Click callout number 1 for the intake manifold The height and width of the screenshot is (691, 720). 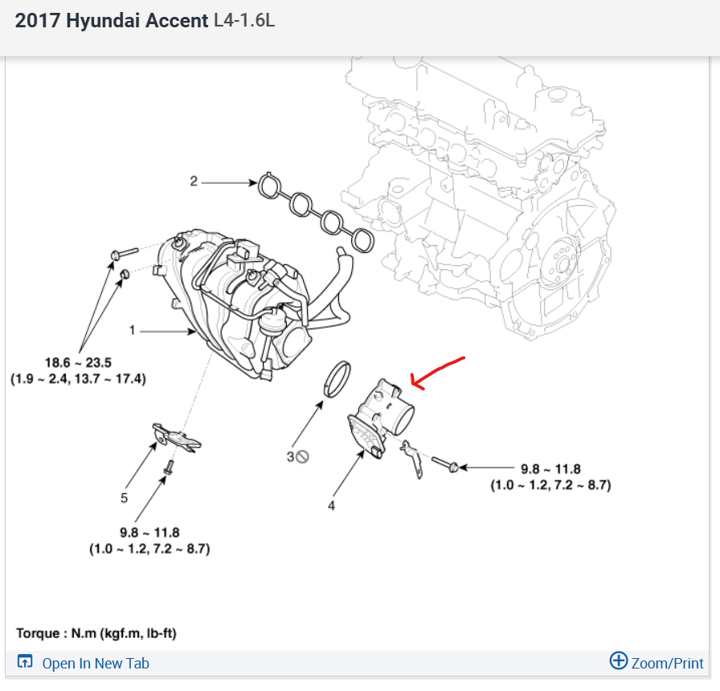click(x=133, y=330)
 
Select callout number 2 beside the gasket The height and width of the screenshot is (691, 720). click(x=193, y=182)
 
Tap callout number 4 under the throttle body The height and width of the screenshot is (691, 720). click(x=331, y=505)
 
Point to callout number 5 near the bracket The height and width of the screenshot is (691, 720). click(x=124, y=498)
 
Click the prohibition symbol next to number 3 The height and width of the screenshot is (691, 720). click(x=303, y=456)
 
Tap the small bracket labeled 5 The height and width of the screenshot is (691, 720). click(x=176, y=437)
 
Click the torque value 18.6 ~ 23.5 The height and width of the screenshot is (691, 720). click(x=78, y=362)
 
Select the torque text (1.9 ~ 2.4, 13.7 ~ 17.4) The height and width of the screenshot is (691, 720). click(x=78, y=378)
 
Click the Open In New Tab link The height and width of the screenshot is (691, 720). click(x=95, y=663)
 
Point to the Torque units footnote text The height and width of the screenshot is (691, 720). click(x=96, y=633)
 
